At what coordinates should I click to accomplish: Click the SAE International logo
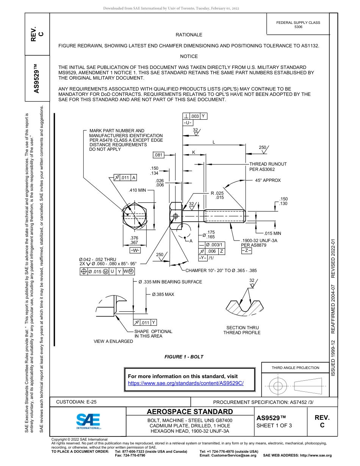coord(88,421)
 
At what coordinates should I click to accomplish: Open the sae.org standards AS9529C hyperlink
coord(186,383)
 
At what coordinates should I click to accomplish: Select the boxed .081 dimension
coord(158,155)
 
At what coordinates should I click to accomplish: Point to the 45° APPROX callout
coord(268,180)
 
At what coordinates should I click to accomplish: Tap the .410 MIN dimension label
coord(138,190)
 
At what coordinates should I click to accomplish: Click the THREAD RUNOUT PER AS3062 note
coord(268,167)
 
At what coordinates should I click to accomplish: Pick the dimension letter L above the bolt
coord(214,142)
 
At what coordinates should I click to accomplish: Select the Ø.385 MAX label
coord(163,294)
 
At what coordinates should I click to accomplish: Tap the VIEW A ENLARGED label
coord(113,341)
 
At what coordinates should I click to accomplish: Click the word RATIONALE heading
coord(189,35)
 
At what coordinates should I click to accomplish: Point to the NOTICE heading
coord(189,56)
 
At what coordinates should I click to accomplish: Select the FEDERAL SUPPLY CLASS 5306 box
coord(298,25)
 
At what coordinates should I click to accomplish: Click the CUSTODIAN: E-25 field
coord(74,402)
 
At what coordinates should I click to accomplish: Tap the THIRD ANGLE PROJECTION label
coord(295,367)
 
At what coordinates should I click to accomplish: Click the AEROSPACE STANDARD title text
coord(189,412)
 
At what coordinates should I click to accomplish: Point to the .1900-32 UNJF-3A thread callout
coord(259,241)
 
